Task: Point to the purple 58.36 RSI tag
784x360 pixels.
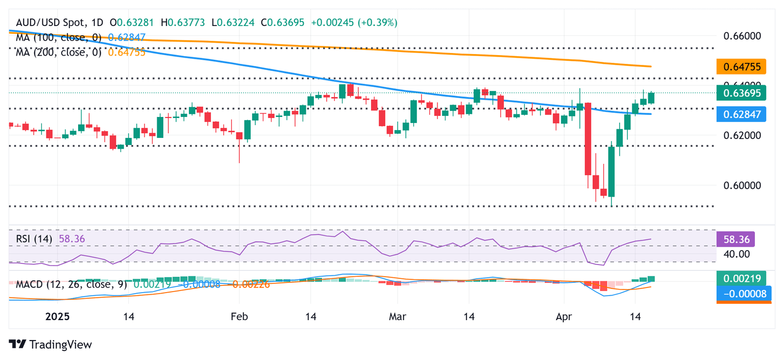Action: click(x=736, y=239)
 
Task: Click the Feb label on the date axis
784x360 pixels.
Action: click(x=239, y=317)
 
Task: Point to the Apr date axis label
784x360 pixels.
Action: click(x=564, y=317)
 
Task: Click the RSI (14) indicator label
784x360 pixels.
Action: click(x=35, y=238)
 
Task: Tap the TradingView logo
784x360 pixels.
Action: click(x=51, y=344)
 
